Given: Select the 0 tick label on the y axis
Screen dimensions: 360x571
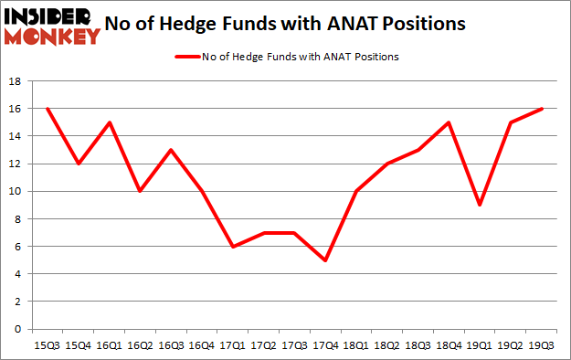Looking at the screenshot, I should coord(16,329).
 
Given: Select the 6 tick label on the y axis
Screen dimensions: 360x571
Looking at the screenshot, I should coord(16,246).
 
